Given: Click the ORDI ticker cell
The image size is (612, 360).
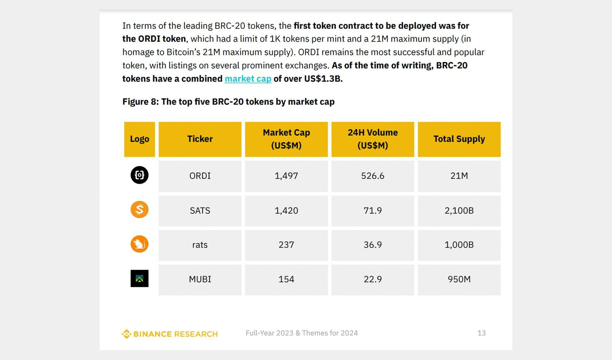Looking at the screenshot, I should pyautogui.click(x=200, y=176).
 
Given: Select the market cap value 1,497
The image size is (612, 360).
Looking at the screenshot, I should pyautogui.click(x=286, y=176).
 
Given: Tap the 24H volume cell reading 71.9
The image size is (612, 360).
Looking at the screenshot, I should pyautogui.click(x=373, y=211).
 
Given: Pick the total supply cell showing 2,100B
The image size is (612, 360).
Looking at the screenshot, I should pyautogui.click(x=459, y=211).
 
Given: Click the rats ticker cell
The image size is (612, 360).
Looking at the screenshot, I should pyautogui.click(x=200, y=245).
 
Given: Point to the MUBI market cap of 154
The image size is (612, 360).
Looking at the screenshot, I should pyautogui.click(x=286, y=279).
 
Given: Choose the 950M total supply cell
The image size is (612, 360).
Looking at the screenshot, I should pyautogui.click(x=459, y=279).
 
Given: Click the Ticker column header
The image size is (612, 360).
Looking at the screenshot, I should pyautogui.click(x=200, y=139).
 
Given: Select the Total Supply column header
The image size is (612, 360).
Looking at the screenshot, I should pyautogui.click(x=459, y=139).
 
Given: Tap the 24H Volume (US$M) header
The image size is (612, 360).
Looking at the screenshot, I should pyautogui.click(x=373, y=139).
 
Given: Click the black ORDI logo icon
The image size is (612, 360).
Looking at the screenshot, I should pyautogui.click(x=139, y=175).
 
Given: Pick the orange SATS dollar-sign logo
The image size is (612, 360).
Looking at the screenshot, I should pyautogui.click(x=139, y=210).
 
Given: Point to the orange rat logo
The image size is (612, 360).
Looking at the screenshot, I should pyautogui.click(x=139, y=244).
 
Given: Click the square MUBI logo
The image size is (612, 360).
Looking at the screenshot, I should pyautogui.click(x=139, y=279).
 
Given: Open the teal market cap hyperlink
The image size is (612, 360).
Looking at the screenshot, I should pyautogui.click(x=248, y=79).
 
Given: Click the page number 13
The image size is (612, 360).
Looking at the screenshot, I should pyautogui.click(x=481, y=333).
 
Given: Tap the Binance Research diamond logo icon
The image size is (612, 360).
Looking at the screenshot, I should pyautogui.click(x=126, y=334).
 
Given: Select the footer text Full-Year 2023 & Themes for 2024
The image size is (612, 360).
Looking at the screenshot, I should pyautogui.click(x=302, y=333).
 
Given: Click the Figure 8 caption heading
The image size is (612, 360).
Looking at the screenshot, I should pyautogui.click(x=228, y=102).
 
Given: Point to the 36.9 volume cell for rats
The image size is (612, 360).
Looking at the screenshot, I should pyautogui.click(x=373, y=245).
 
